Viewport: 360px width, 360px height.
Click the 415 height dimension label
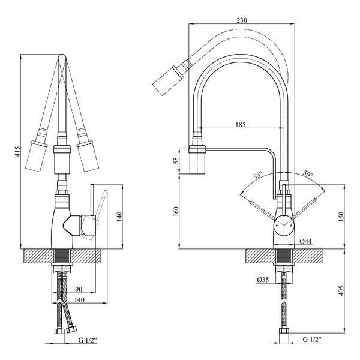[x=18, y=152]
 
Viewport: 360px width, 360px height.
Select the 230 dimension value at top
[x=242, y=20]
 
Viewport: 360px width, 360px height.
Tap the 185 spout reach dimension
[x=241, y=125]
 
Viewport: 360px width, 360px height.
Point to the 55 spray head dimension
[x=176, y=161]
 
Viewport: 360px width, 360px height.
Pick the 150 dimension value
[x=341, y=217]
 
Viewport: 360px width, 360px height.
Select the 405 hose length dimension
[x=341, y=290]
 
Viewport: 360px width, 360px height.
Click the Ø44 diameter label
[x=306, y=241]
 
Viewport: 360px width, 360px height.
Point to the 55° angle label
[x=257, y=176]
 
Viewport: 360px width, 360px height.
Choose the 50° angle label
[x=308, y=174]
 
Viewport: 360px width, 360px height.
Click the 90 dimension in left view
[x=79, y=290]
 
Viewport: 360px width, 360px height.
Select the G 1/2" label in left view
[x=88, y=340]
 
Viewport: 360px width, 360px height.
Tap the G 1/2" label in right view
[x=312, y=340]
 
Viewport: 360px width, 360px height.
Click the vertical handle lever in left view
[x=92, y=200]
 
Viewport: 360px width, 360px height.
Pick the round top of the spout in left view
[x=62, y=58]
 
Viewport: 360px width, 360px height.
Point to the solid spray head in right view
[x=197, y=161]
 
